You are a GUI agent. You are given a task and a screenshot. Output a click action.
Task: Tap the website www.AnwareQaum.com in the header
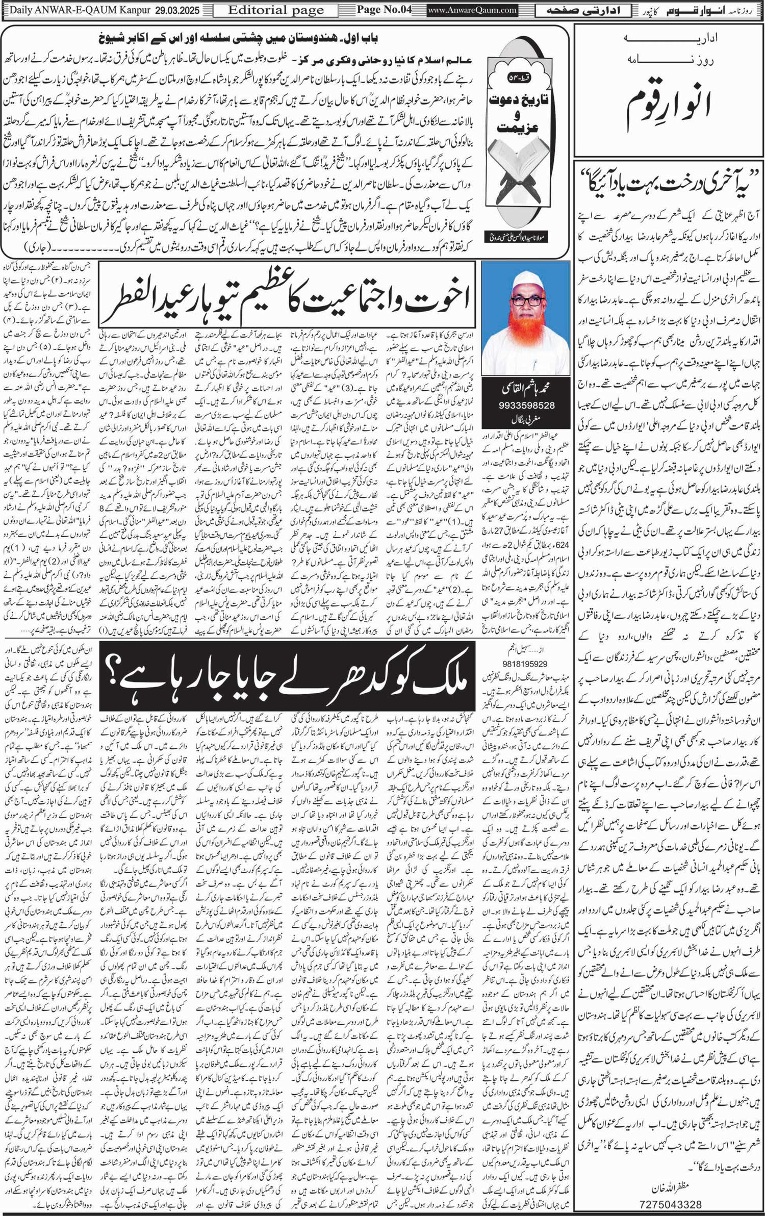click(x=472, y=10)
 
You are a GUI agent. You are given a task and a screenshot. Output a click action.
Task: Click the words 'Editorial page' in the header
click(x=275, y=10)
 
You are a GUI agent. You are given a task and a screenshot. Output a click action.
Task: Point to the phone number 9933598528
click(x=525, y=406)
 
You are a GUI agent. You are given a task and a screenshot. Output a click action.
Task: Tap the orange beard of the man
click(x=525, y=339)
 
